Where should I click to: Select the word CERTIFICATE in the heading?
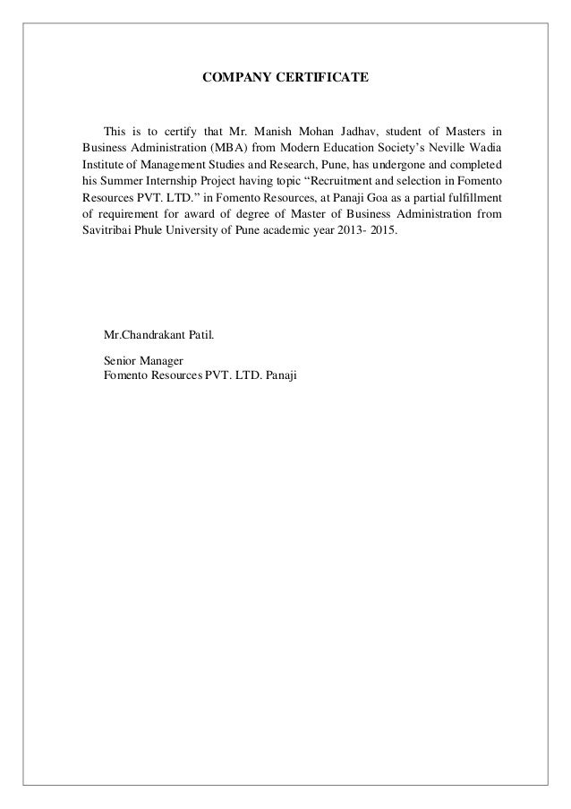click(323, 80)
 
